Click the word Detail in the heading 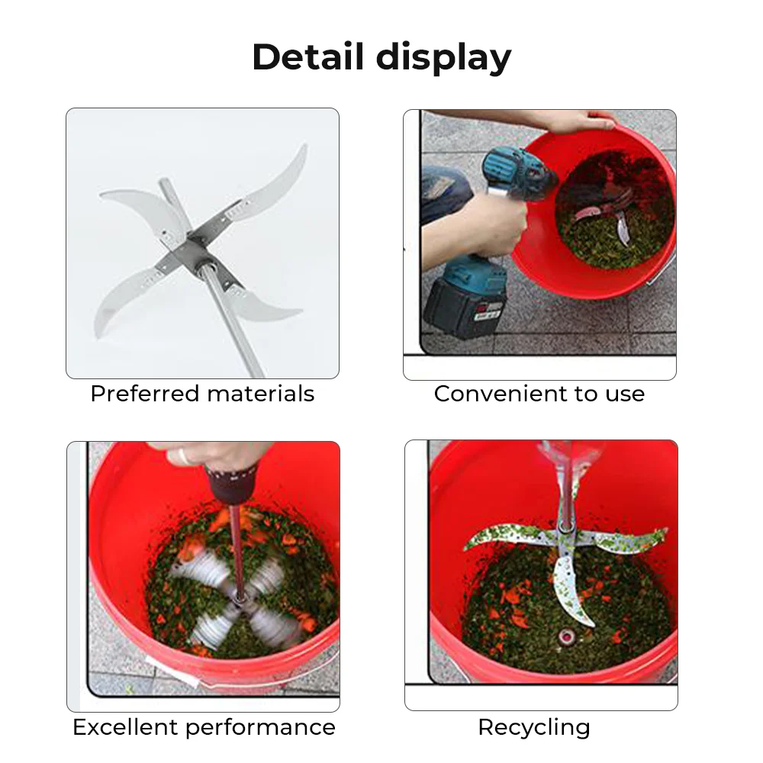point(307,56)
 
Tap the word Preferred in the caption point(144,394)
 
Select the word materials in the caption point(261,394)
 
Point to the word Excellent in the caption point(125,727)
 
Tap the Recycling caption point(534,728)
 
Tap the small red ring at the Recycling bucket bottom point(565,636)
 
